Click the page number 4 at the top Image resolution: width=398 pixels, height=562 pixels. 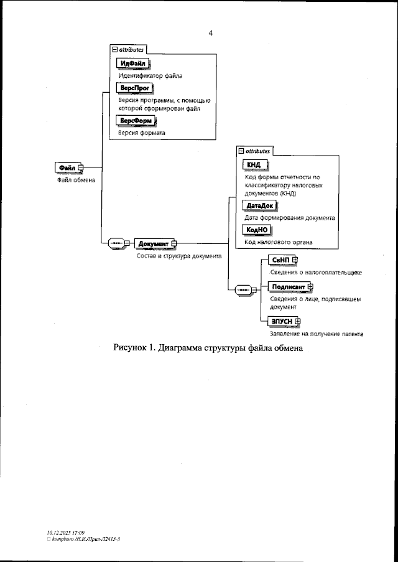click(x=211, y=33)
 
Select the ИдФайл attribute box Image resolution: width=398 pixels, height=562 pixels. click(x=134, y=63)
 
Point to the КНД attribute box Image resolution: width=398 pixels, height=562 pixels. click(x=254, y=164)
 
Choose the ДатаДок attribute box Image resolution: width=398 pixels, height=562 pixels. click(x=259, y=206)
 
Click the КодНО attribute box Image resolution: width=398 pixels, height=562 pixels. click(x=255, y=230)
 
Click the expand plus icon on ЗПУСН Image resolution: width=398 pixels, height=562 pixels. click(x=298, y=321)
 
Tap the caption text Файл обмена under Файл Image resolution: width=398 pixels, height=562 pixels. click(x=68, y=180)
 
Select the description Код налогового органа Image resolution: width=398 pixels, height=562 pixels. click(x=278, y=241)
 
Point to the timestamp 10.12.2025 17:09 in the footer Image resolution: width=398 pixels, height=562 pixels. click(x=65, y=533)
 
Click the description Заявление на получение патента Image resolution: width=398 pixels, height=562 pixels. click(x=316, y=334)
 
